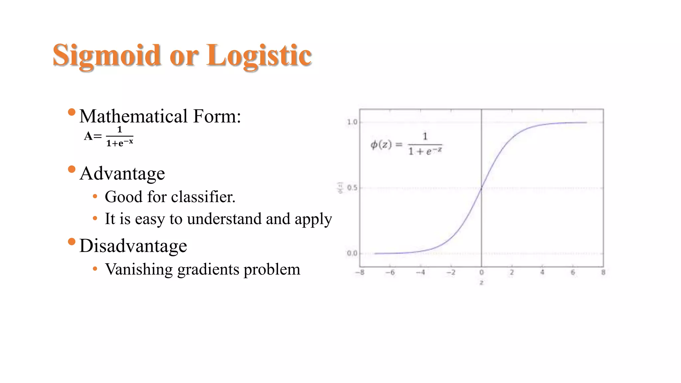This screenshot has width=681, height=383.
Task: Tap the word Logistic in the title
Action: pos(259,56)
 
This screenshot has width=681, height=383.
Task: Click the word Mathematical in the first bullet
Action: pos(134,116)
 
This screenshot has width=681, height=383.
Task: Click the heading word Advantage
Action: pos(122,174)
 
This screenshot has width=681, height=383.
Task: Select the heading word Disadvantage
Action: pos(133,246)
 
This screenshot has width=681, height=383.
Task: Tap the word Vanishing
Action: pos(139,269)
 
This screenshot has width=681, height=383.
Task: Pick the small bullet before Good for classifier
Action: pos(95,196)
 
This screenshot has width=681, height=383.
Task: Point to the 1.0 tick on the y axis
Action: pos(352,122)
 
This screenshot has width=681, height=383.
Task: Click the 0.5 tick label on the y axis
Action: pos(352,188)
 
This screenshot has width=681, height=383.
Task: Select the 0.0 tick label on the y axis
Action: pos(352,253)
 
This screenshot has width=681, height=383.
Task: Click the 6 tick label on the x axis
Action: pos(573,273)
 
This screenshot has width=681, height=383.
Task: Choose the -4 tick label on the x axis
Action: pos(420,273)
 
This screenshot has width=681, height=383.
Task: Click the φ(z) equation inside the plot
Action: pos(406,144)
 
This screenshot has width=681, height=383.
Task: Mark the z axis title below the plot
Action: pos(481,283)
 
